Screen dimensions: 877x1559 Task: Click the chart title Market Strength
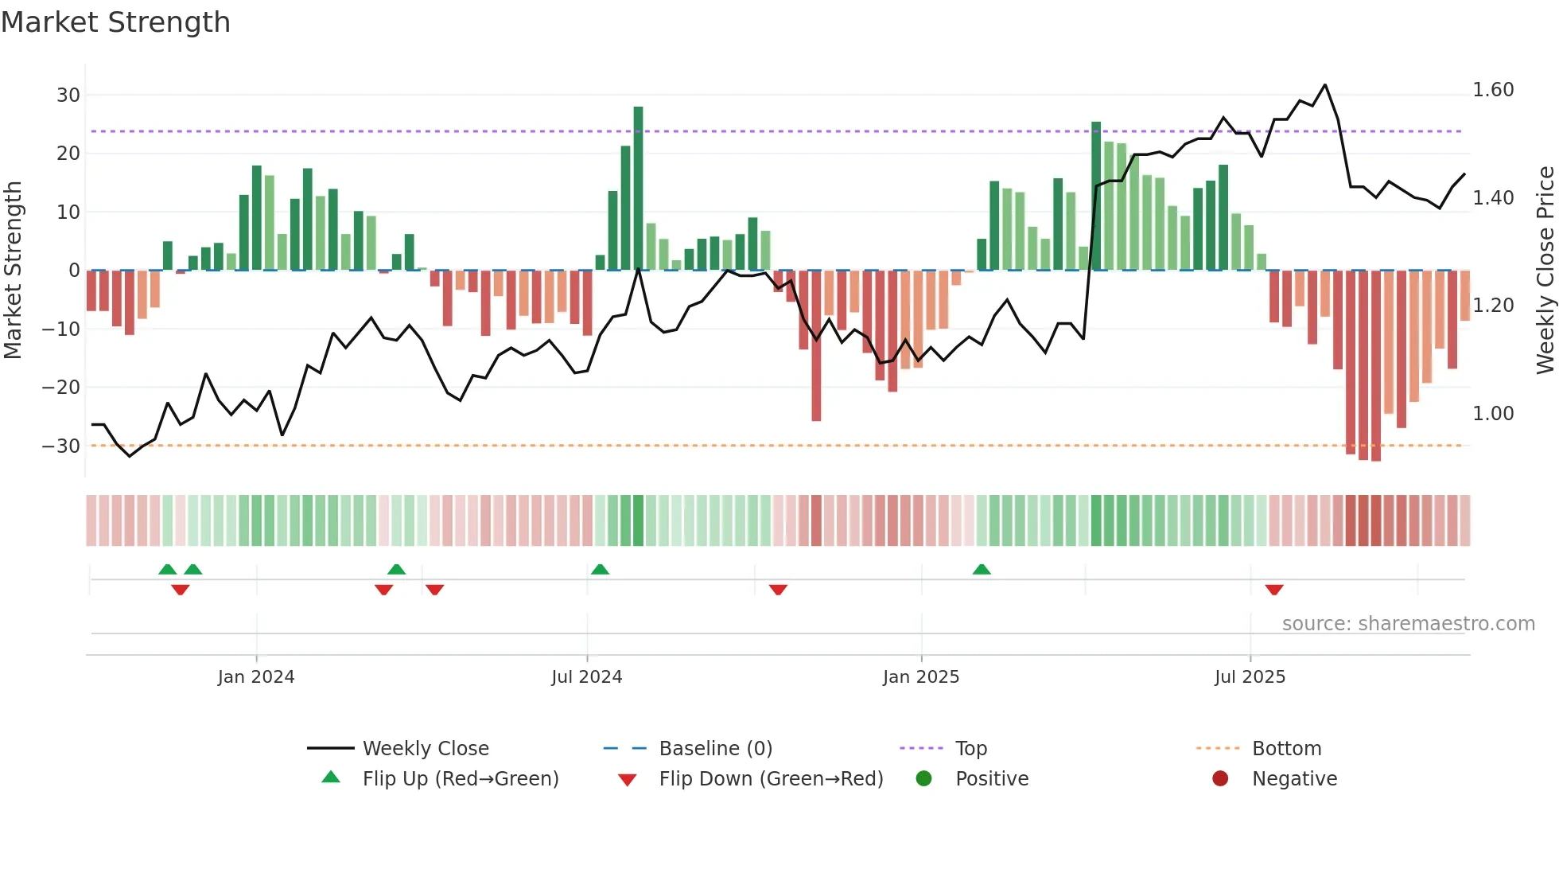click(115, 22)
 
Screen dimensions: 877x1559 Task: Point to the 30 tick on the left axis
click(68, 95)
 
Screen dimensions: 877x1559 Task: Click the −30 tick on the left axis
click(61, 446)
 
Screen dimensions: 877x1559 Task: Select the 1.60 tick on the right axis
click(1493, 90)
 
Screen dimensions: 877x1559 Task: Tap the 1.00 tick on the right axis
click(1493, 414)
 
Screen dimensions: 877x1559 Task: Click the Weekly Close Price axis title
click(1545, 271)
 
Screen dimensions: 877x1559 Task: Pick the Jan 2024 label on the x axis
click(256, 677)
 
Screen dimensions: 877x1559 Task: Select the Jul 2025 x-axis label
click(1250, 677)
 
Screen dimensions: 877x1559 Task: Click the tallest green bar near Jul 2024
click(638, 188)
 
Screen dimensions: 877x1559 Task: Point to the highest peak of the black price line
click(1325, 85)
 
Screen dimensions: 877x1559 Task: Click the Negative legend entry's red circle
click(1220, 779)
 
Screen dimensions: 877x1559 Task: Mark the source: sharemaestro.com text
click(1408, 624)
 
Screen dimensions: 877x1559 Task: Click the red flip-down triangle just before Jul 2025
click(1274, 590)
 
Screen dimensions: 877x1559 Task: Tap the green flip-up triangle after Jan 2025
click(982, 570)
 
